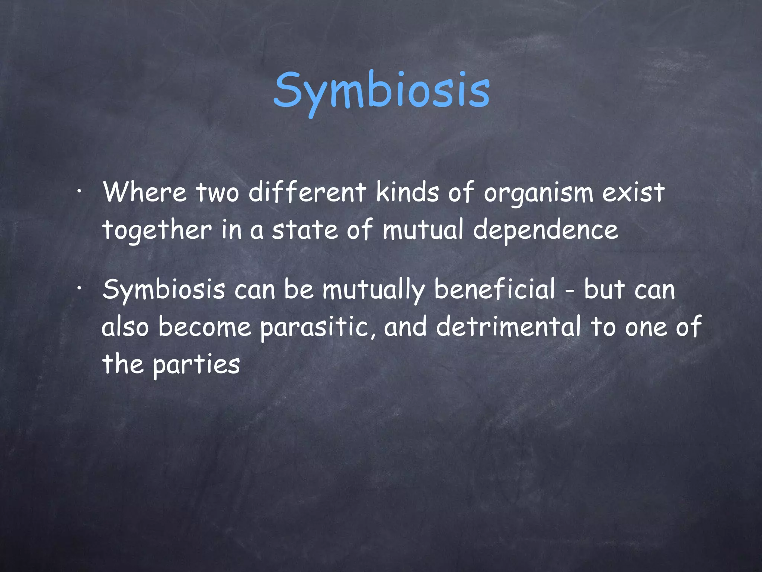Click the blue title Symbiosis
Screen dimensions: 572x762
pyautogui.click(x=381, y=91)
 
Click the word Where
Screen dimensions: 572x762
pyautogui.click(x=145, y=193)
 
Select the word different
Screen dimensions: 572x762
pyautogui.click(x=307, y=193)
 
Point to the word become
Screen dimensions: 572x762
pyautogui.click(x=205, y=327)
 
